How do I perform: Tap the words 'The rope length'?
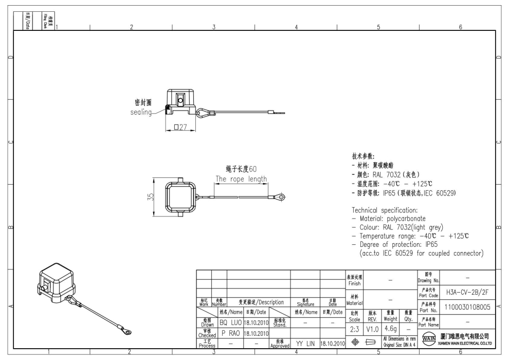click(241, 179)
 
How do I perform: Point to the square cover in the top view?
click(179, 197)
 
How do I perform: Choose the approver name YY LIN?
click(305, 343)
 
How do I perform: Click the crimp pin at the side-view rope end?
click(281, 113)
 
